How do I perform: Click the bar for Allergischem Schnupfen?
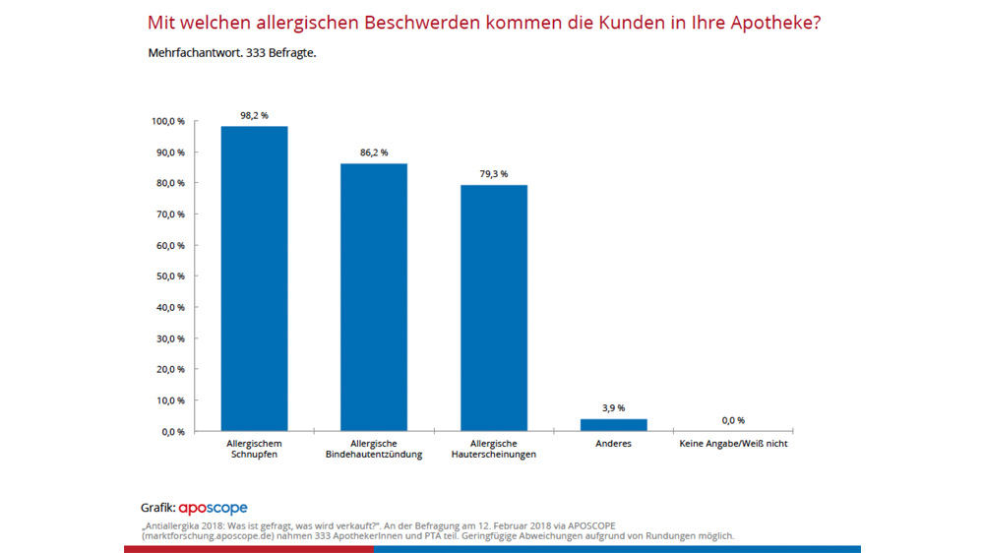[x=254, y=278]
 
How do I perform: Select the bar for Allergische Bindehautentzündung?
[x=374, y=297]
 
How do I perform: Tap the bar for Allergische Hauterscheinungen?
[x=494, y=308]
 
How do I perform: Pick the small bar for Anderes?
[x=614, y=425]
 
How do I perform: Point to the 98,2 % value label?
[x=254, y=115]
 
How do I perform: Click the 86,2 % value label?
[x=374, y=153]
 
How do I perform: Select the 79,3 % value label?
[x=494, y=174]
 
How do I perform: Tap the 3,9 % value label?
[x=614, y=407]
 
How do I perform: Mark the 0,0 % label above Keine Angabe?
[x=733, y=420]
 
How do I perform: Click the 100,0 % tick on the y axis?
[x=168, y=121]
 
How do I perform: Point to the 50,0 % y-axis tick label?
[x=170, y=276]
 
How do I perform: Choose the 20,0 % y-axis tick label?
[x=170, y=369]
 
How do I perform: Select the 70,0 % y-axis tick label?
[x=170, y=215]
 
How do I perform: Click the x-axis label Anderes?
[x=614, y=444]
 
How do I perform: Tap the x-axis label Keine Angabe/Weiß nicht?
[x=734, y=444]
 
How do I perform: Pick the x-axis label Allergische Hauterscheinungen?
[x=494, y=450]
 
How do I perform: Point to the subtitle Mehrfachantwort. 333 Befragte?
[x=231, y=51]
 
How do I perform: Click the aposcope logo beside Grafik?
[x=213, y=509]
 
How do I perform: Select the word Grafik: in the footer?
[x=158, y=509]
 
